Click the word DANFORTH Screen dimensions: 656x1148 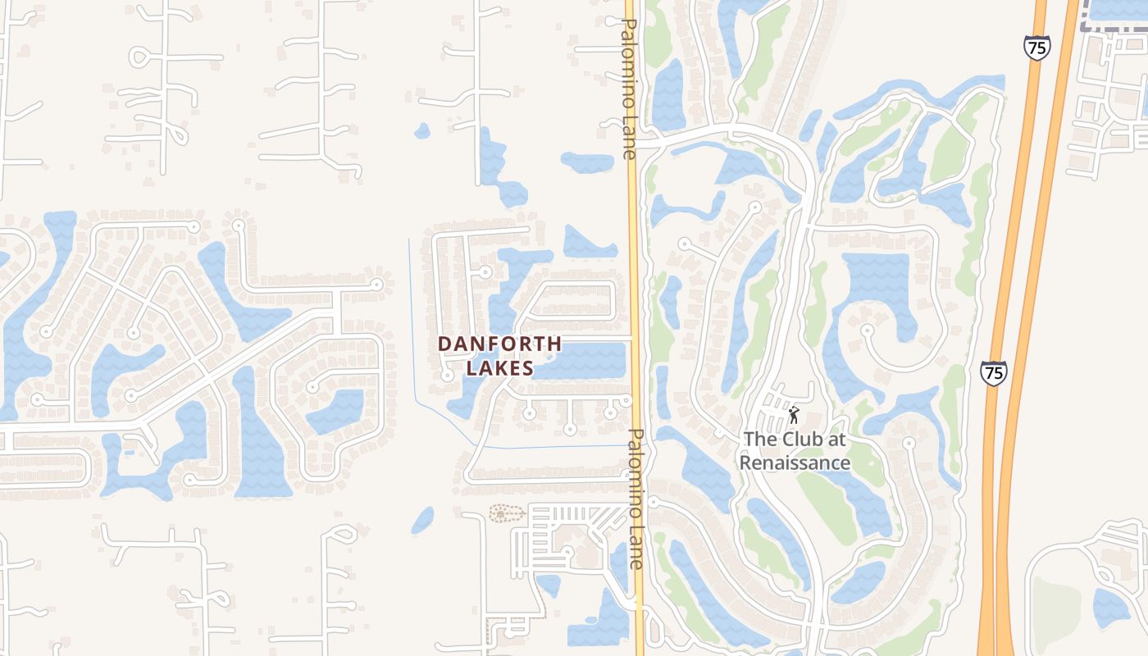click(x=499, y=344)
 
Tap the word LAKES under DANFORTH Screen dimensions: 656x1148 click(x=499, y=369)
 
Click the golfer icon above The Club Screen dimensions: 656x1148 click(x=793, y=415)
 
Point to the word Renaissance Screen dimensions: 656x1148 click(x=795, y=462)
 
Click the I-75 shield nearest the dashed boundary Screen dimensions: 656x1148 click(x=1036, y=47)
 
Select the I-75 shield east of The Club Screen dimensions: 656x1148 click(x=993, y=373)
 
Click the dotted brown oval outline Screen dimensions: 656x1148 click(x=506, y=514)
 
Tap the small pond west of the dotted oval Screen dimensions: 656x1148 click(x=423, y=519)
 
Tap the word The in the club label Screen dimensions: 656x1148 click(x=758, y=439)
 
